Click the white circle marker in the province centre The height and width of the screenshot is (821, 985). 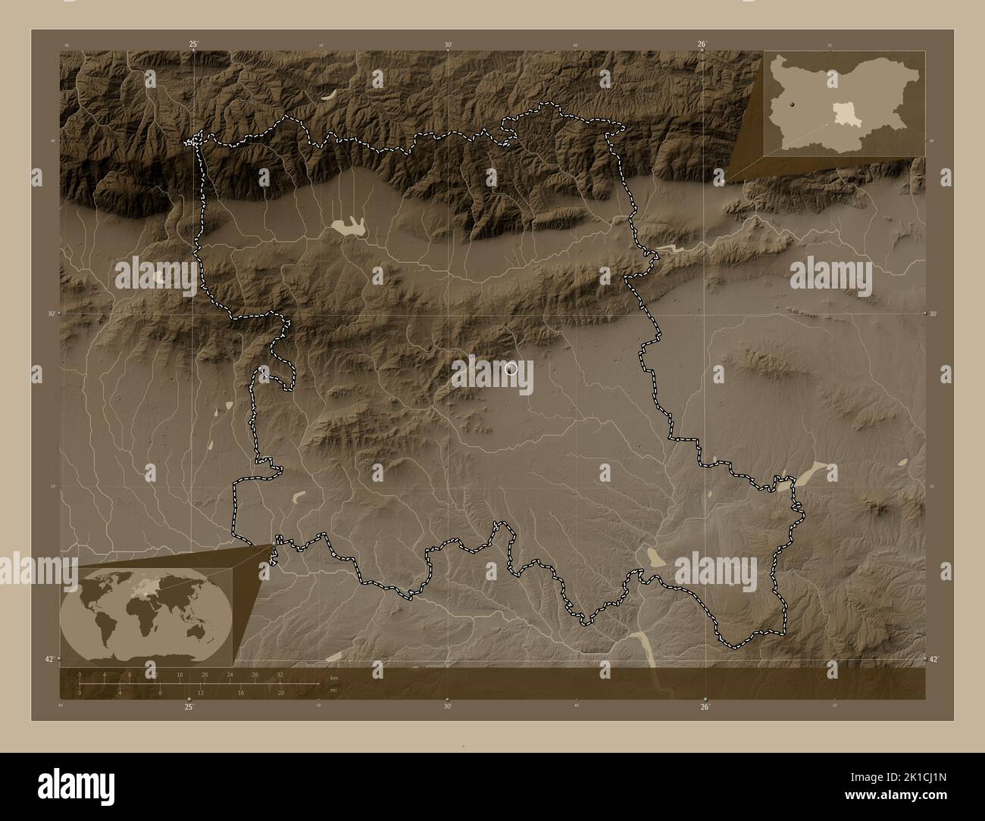point(511,368)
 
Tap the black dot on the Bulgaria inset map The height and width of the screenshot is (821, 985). point(790,105)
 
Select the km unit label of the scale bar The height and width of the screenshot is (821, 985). point(333,678)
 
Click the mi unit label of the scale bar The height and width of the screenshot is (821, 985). point(333,689)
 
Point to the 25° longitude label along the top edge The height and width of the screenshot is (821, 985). point(194,44)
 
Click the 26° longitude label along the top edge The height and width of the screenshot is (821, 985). point(702,44)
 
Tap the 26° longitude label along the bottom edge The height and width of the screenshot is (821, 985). point(705,707)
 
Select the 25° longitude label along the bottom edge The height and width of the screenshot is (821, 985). point(189,707)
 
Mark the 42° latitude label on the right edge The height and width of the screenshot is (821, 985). point(934,659)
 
